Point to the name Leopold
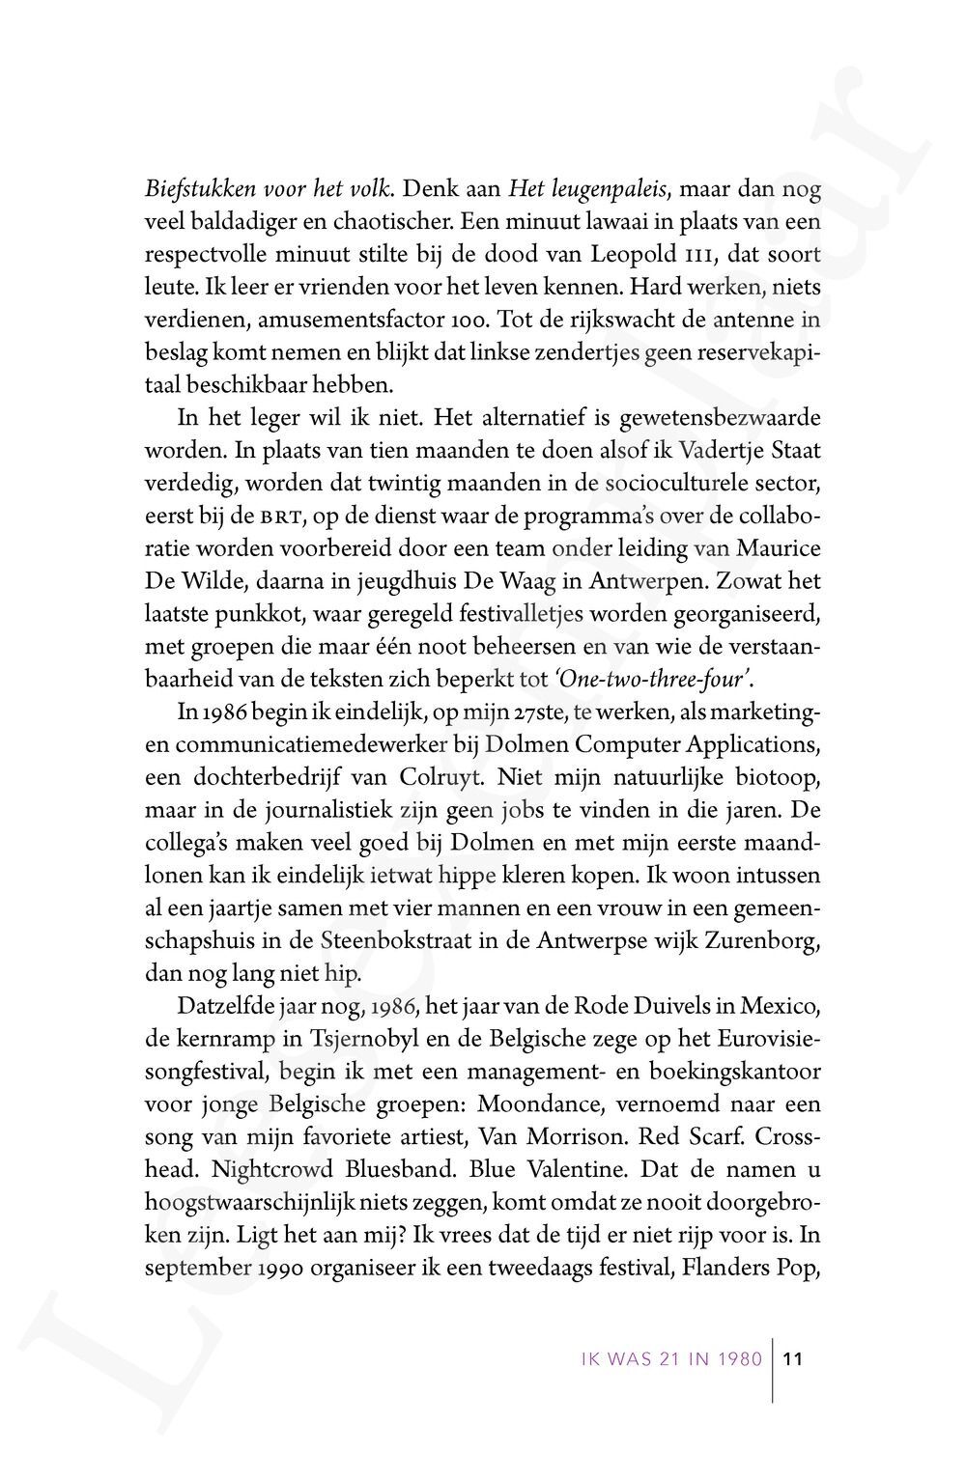coord(671,255)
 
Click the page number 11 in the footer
coord(793,1360)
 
